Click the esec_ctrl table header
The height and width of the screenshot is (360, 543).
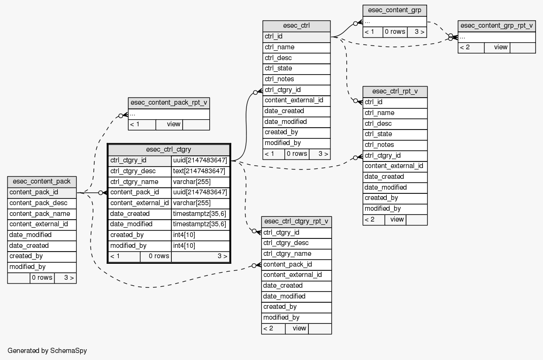click(x=296, y=26)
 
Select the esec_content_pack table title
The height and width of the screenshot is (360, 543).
click(x=42, y=182)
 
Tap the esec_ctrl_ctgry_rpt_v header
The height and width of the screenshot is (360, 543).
click(x=296, y=222)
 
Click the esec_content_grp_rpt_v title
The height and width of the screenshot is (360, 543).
click(x=497, y=26)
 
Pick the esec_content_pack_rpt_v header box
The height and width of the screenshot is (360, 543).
click(x=168, y=103)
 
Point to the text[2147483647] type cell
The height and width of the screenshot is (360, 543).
click(x=200, y=171)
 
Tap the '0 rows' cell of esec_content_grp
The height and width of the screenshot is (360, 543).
click(x=395, y=32)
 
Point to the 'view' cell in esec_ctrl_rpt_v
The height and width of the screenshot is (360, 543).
click(x=397, y=219)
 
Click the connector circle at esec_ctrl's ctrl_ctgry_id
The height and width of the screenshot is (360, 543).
click(x=255, y=92)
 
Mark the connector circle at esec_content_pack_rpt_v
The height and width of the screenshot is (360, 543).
click(x=121, y=115)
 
